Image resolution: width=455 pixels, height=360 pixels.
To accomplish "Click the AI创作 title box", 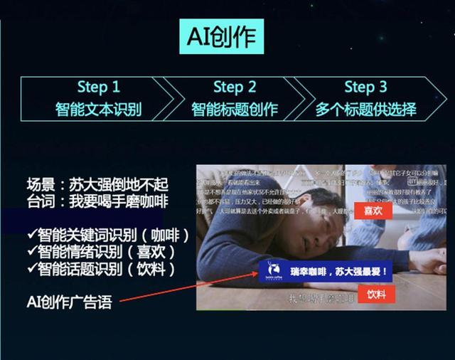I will tap(220, 36).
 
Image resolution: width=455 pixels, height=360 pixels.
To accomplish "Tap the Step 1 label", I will tap(99, 87).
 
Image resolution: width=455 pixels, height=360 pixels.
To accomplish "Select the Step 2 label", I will tap(234, 87).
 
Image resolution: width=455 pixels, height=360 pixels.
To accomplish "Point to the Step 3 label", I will tap(365, 87).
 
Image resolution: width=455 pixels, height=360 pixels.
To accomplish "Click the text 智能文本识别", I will tap(99, 110).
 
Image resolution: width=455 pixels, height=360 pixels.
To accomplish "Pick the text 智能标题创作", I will tap(234, 110).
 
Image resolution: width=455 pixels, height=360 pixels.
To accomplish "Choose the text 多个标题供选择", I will tap(365, 110).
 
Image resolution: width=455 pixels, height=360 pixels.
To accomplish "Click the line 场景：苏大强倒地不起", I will tap(97, 184).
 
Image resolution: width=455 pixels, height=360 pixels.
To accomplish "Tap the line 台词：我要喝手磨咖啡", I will tap(97, 201).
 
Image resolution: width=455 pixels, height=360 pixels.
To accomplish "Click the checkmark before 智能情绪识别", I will tap(31, 251).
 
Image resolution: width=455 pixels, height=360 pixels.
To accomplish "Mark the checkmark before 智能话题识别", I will tap(31, 268).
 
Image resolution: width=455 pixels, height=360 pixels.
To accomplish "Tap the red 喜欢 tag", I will tap(373, 211).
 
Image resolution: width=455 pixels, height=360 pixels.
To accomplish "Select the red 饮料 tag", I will tap(376, 293).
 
